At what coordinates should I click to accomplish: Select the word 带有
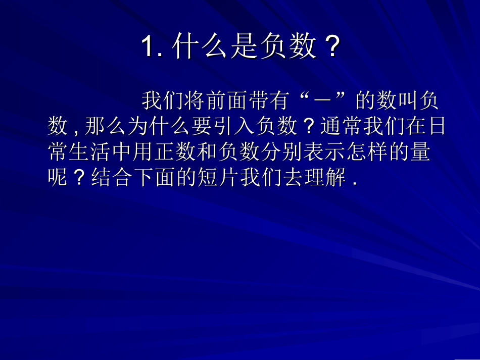[260, 101]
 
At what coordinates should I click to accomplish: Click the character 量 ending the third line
[420, 152]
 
